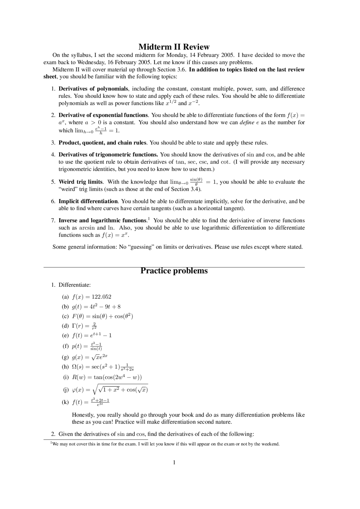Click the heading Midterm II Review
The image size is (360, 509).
click(174, 47)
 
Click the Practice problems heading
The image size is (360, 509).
click(174, 271)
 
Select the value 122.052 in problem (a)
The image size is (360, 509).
click(102, 297)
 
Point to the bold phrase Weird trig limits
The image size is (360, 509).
click(81, 182)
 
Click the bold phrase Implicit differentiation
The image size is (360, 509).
click(88, 201)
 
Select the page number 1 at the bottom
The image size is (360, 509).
click(174, 463)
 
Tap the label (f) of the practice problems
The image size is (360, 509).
click(65, 346)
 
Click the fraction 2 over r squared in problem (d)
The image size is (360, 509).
click(94, 326)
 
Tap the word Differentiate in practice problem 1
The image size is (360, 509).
click(75, 285)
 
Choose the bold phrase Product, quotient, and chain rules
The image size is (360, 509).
click(102, 143)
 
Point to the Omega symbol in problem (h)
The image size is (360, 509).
click(75, 367)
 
